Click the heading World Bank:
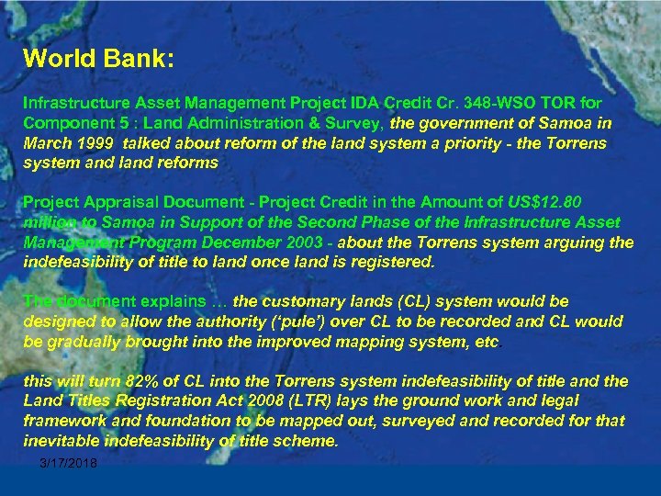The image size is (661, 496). coord(99,59)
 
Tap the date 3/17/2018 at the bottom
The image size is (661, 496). coord(69,463)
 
